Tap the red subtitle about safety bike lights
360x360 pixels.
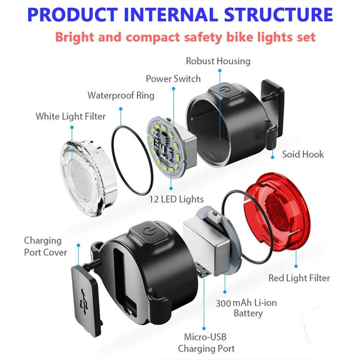185,37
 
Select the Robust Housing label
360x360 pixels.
218,61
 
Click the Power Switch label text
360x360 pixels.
173,78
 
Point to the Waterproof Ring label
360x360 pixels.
121,95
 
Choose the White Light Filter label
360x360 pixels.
71,116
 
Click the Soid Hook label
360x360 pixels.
303,154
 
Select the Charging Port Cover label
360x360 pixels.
46,246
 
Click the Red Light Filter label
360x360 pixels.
300,277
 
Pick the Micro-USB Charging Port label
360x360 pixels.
206,343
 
